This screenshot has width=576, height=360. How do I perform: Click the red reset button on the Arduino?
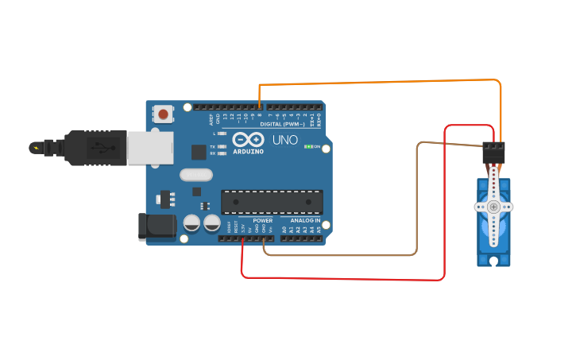tap(163, 114)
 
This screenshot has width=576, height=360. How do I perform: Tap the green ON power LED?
tap(309, 147)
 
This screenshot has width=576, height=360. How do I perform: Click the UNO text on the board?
tap(285, 141)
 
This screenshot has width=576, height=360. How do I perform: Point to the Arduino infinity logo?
tap(247, 140)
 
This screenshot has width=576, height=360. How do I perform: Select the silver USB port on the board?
tap(150, 148)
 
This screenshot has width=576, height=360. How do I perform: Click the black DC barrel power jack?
tap(157, 226)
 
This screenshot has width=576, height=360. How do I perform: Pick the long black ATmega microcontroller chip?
tap(272, 202)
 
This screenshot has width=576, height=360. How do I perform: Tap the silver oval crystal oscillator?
tap(196, 175)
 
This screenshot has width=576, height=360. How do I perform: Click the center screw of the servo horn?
tap(493, 207)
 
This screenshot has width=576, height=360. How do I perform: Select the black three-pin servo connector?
tap(493, 153)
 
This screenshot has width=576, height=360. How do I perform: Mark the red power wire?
tap(342, 279)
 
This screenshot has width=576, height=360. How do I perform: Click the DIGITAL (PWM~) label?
tap(282, 124)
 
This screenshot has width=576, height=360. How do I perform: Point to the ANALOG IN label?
tap(305, 220)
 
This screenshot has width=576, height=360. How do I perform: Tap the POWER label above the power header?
tap(263, 220)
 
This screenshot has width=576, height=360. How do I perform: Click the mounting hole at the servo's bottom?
tap(493, 260)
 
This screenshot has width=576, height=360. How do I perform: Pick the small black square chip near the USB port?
tap(199, 152)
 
